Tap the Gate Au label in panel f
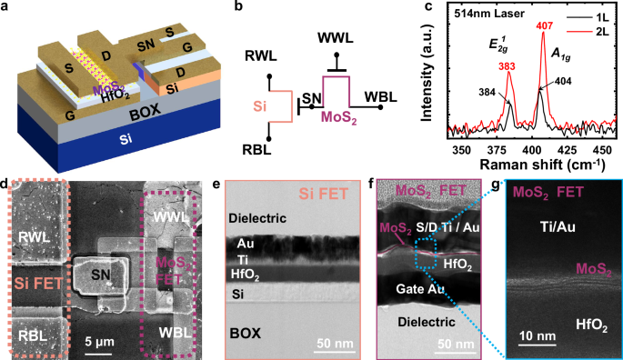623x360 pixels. [x=421, y=288]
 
